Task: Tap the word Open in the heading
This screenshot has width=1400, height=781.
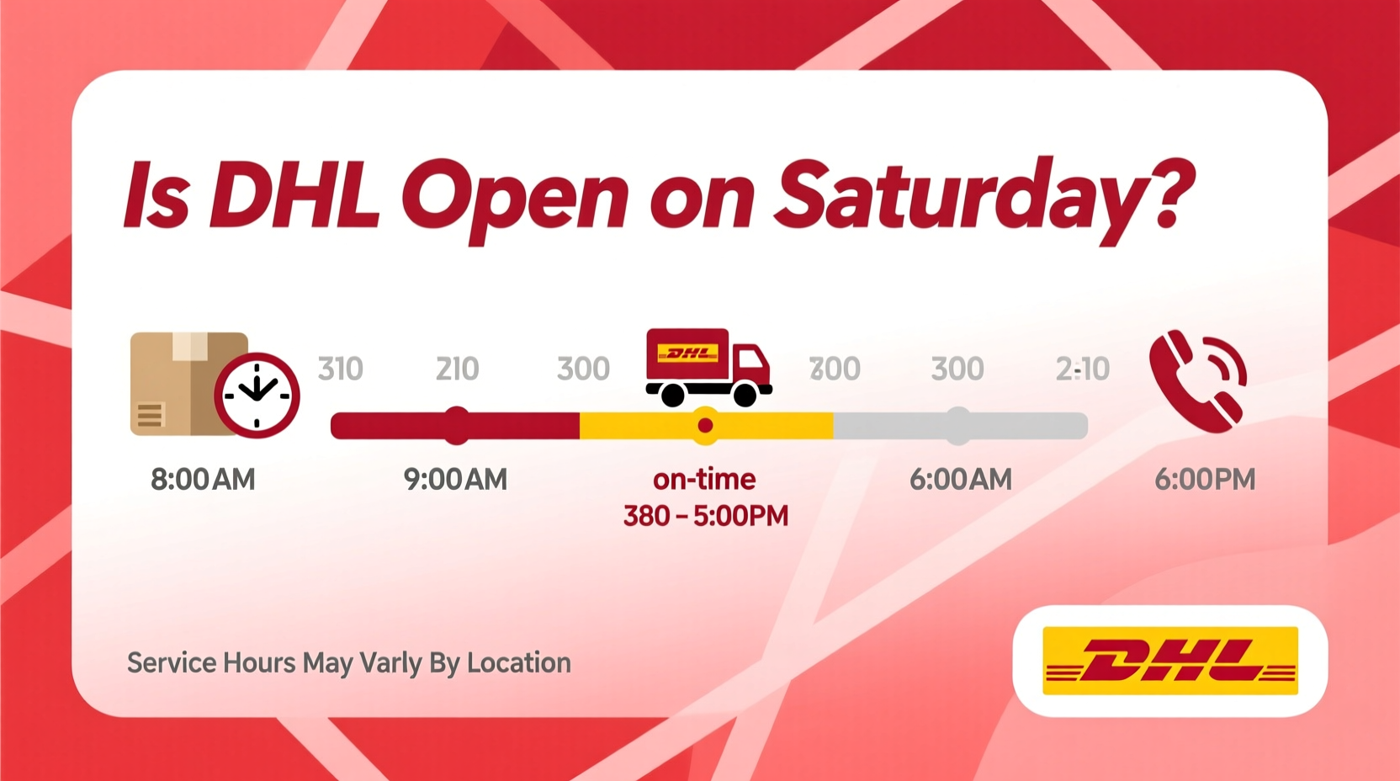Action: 515,199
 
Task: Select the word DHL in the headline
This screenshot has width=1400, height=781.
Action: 294,195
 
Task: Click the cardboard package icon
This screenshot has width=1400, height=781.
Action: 181,383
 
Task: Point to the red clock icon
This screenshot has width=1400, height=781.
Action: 257,395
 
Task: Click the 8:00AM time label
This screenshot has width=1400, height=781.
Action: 203,480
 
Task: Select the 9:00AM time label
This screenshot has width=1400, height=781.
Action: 455,480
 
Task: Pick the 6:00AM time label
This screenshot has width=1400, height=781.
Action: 960,480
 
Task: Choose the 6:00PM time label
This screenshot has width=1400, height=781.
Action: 1204,480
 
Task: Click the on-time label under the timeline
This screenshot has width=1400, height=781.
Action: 704,480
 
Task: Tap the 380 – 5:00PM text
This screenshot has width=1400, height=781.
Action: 705,516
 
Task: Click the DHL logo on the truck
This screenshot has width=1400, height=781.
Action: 688,353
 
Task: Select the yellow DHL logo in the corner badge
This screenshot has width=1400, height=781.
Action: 1169,661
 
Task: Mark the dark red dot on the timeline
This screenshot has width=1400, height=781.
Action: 457,425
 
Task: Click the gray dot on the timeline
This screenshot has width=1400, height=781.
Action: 958,425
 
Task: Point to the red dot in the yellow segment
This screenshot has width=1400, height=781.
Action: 705,425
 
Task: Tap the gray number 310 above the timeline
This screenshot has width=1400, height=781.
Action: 340,369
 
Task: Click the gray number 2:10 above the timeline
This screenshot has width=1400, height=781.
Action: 1082,369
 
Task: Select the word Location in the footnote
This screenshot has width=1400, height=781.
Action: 518,663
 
